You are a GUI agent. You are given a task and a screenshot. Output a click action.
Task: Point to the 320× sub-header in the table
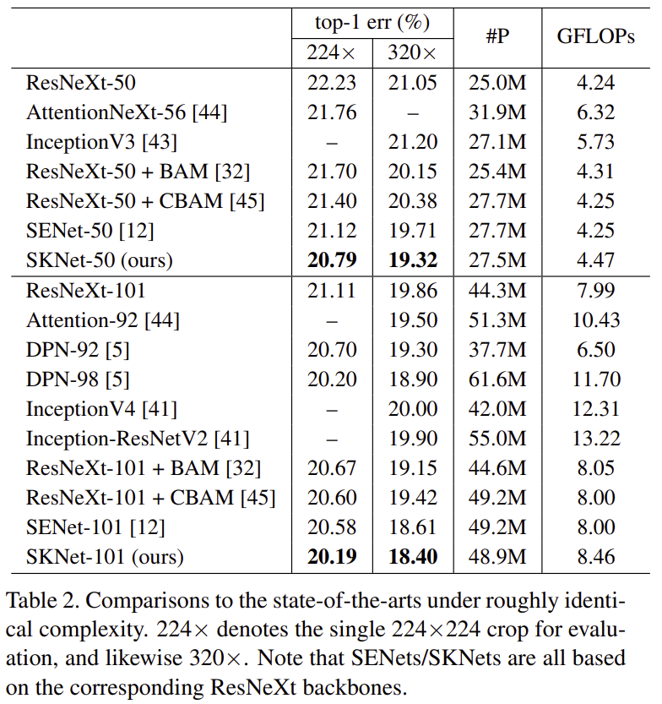click(x=412, y=52)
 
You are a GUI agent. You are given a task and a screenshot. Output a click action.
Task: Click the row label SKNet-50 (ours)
click(x=99, y=260)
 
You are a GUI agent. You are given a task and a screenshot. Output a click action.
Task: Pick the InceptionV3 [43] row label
click(x=101, y=142)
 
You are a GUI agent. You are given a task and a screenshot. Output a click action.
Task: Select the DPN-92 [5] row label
click(x=78, y=350)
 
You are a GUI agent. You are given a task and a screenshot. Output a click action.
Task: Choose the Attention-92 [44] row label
click(x=103, y=320)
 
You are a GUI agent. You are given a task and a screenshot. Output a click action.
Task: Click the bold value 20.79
click(x=331, y=260)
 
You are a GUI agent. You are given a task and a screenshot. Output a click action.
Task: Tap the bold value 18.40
click(x=412, y=557)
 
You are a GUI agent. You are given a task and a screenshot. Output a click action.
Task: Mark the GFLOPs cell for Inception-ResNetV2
click(x=595, y=439)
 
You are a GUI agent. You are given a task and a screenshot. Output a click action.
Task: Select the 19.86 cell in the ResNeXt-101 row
click(x=412, y=291)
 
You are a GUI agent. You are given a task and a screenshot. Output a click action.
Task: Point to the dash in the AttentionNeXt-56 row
click(x=412, y=112)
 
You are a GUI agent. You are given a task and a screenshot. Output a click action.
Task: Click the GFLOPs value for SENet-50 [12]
click(x=595, y=231)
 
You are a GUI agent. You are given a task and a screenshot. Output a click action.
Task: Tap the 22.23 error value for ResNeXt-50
click(x=331, y=83)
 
